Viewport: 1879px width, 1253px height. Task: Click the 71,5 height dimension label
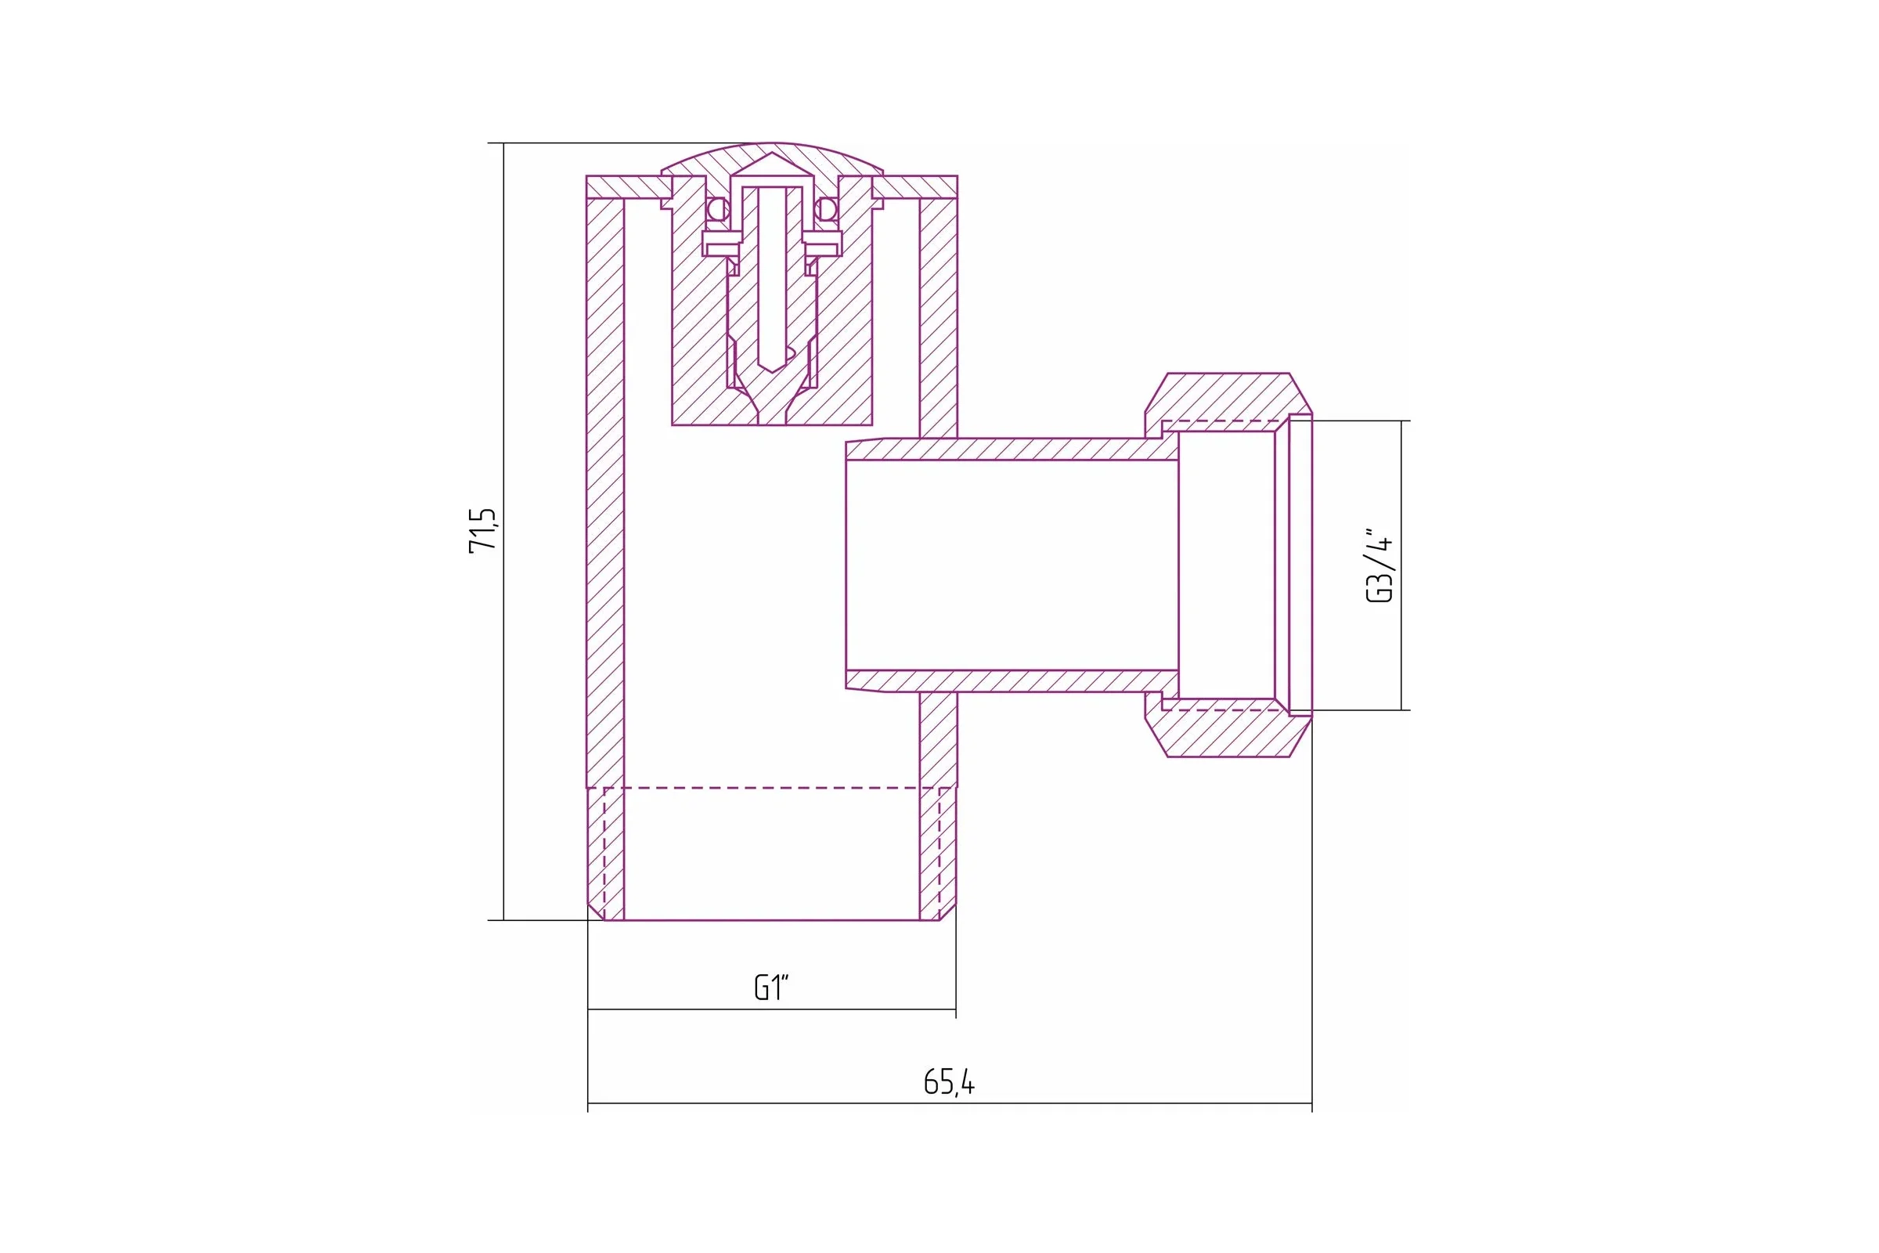[482, 530]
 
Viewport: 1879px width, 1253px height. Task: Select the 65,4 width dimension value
[948, 1082]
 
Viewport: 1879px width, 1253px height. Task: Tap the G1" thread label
[771, 988]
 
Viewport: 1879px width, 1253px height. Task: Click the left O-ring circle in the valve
[717, 209]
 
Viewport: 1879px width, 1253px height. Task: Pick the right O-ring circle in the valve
[826, 209]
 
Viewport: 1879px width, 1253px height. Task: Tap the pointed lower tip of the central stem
[772, 370]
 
